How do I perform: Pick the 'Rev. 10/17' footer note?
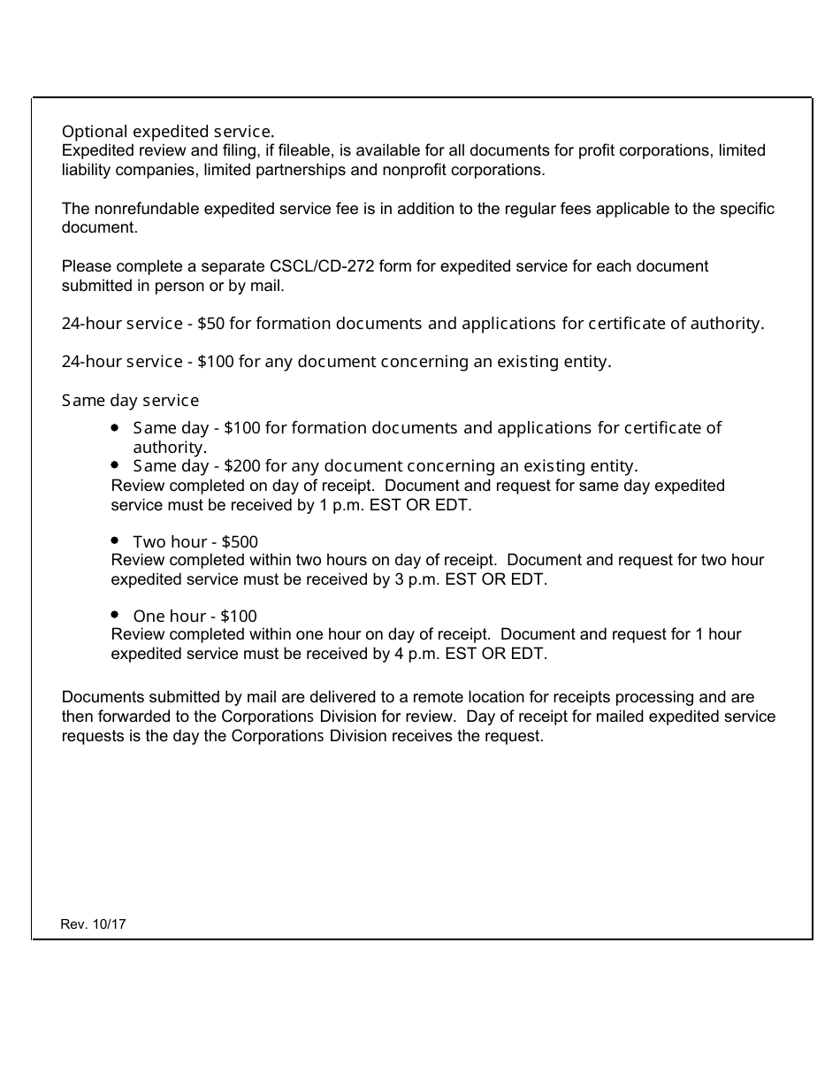94,923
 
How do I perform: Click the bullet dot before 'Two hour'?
116,540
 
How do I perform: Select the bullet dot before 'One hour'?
116,614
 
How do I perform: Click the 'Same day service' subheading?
130,401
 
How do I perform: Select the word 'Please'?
85,266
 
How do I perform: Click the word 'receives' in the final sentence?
421,735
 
